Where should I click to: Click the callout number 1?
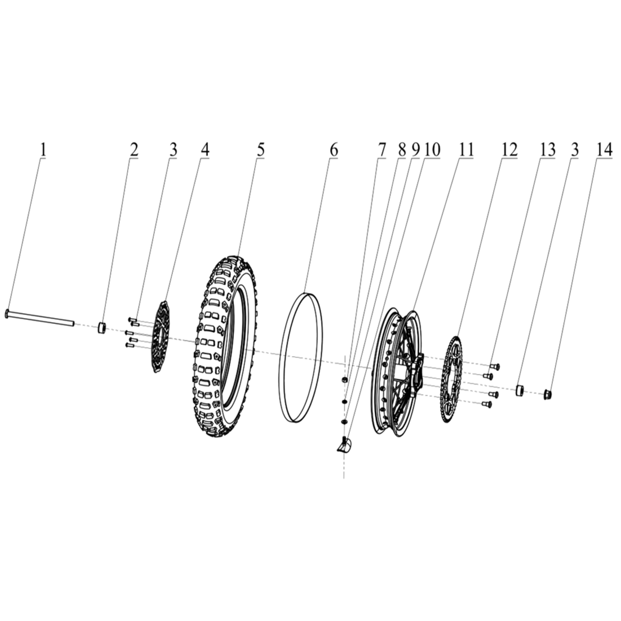pyautogui.click(x=43, y=150)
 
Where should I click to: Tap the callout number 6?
pyautogui.click(x=333, y=150)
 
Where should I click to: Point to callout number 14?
pyautogui.click(x=602, y=150)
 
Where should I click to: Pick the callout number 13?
pyautogui.click(x=548, y=150)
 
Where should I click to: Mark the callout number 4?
pyautogui.click(x=205, y=150)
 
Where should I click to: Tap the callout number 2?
pyautogui.click(x=134, y=150)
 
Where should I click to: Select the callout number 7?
pyautogui.click(x=381, y=150)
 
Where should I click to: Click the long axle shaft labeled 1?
pyautogui.click(x=39, y=319)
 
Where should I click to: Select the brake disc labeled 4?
pyautogui.click(x=160, y=336)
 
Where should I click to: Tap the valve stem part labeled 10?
pyautogui.click(x=344, y=443)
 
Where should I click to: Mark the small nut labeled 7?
pyautogui.click(x=344, y=381)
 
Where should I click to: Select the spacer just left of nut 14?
pyautogui.click(x=519, y=390)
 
